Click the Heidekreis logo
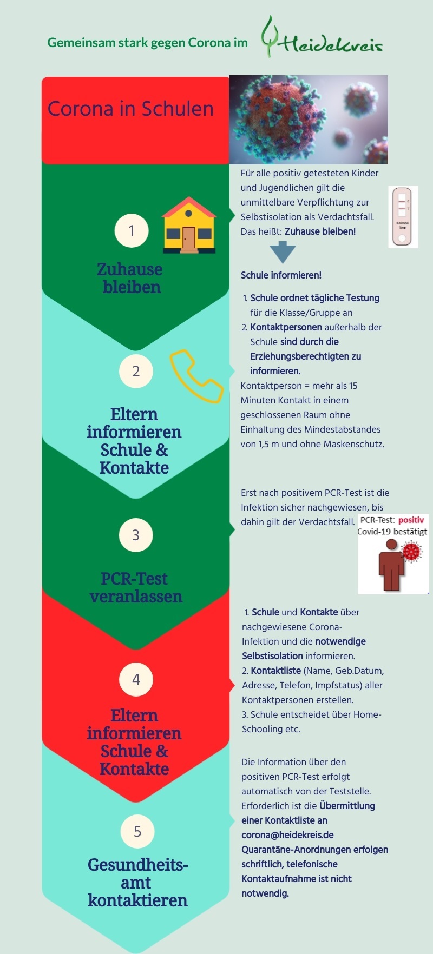pyautogui.click(x=322, y=38)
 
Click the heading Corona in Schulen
pyautogui.click(x=130, y=109)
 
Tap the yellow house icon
pyautogui.click(x=189, y=225)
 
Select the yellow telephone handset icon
pyautogui.click(x=196, y=376)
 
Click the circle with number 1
pyautogui.click(x=132, y=231)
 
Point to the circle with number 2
pyautogui.click(x=136, y=371)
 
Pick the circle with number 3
pyautogui.click(x=136, y=535)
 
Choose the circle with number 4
pyautogui.click(x=136, y=679)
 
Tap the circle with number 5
pyautogui.click(x=137, y=831)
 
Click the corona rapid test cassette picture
pyautogui.click(x=403, y=217)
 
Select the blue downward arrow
pyautogui.click(x=283, y=252)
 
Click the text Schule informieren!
pyautogui.click(x=281, y=275)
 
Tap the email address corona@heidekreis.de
pyautogui.click(x=287, y=835)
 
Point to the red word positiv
pyautogui.click(x=411, y=520)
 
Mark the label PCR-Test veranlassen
pyautogui.click(x=135, y=587)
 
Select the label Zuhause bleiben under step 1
pyautogui.click(x=130, y=278)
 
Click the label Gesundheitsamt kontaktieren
pyautogui.click(x=137, y=882)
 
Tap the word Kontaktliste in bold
pyautogui.click(x=275, y=671)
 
